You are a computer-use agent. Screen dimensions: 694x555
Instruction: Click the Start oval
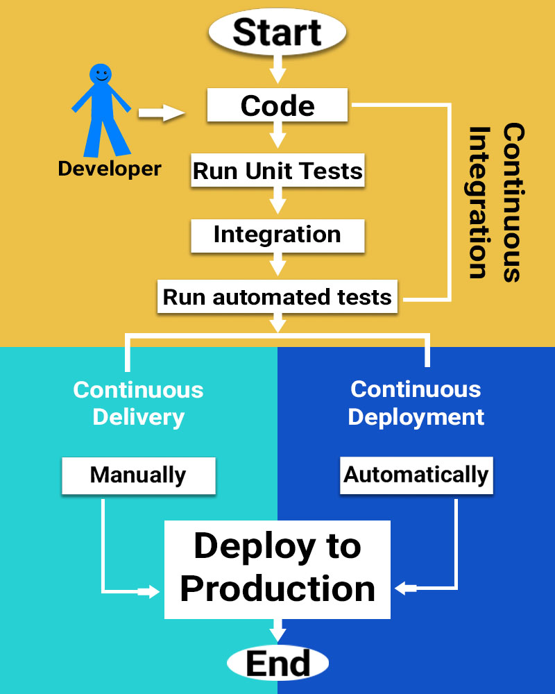[x=277, y=33]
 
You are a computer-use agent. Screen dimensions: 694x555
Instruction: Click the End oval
[x=277, y=664]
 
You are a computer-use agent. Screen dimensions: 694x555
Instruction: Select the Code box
[x=277, y=106]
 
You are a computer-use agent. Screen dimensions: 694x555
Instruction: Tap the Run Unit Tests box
[x=277, y=171]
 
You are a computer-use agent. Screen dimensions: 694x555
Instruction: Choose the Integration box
[x=277, y=235]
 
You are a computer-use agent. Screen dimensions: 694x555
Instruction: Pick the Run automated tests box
[x=277, y=297]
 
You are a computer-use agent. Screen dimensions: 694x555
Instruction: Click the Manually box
[x=138, y=475]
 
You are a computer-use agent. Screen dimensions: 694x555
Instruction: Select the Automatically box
[x=416, y=475]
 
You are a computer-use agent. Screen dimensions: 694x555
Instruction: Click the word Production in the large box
[x=277, y=589]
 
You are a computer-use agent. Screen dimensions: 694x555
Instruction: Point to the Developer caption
[x=109, y=169]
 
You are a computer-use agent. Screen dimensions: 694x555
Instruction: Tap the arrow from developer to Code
[x=161, y=112]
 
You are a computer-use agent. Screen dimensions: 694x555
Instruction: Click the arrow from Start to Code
[x=277, y=69]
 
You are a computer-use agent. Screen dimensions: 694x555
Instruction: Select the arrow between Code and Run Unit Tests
[x=277, y=133]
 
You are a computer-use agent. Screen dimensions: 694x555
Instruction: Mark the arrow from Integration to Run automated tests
[x=277, y=264]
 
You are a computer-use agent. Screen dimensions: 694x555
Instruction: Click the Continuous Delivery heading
[x=138, y=403]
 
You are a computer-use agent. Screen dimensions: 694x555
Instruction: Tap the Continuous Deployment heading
[x=416, y=403]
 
